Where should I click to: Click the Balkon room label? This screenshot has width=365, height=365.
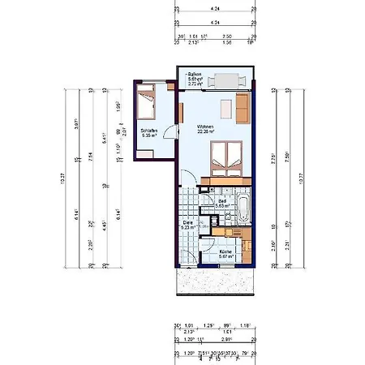pos(195,75)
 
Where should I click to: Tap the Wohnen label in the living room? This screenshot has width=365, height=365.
pos(205,128)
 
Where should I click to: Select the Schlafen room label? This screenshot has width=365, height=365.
pos(147,131)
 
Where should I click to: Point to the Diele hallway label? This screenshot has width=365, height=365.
pos(187,223)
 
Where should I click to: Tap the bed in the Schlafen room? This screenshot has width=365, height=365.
pos(146,104)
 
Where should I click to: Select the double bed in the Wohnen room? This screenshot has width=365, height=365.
pos(225,157)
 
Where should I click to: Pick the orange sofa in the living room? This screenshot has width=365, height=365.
pos(242,105)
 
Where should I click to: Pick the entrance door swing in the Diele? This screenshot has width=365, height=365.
pos(186,256)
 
